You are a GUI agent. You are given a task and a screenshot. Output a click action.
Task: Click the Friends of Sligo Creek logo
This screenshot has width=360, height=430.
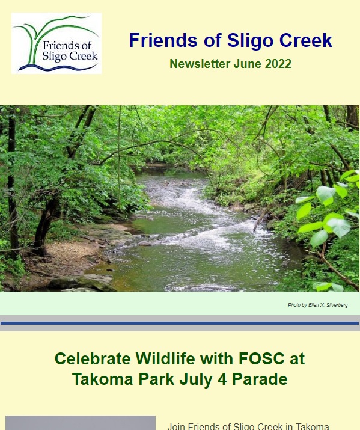(x=56, y=43)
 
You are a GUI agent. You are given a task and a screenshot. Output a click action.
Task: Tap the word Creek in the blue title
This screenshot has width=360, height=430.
(x=306, y=40)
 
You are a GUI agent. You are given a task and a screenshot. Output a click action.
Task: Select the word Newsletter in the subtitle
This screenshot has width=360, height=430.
(x=200, y=64)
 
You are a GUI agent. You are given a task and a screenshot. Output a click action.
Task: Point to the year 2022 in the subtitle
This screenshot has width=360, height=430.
(x=278, y=64)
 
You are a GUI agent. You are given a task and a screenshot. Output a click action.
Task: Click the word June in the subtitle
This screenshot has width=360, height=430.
(x=248, y=64)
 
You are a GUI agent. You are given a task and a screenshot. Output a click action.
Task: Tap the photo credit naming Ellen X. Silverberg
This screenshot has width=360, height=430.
(x=318, y=305)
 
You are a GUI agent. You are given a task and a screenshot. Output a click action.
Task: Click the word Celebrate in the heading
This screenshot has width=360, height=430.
(x=93, y=358)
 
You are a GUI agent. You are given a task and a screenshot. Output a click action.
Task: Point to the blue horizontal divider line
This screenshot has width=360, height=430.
(x=180, y=324)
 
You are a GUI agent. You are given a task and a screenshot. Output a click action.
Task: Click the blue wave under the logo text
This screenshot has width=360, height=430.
(x=58, y=67)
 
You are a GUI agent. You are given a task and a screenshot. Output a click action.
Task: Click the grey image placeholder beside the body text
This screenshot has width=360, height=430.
(x=81, y=423)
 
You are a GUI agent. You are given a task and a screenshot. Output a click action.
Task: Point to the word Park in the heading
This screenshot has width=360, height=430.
(x=156, y=379)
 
